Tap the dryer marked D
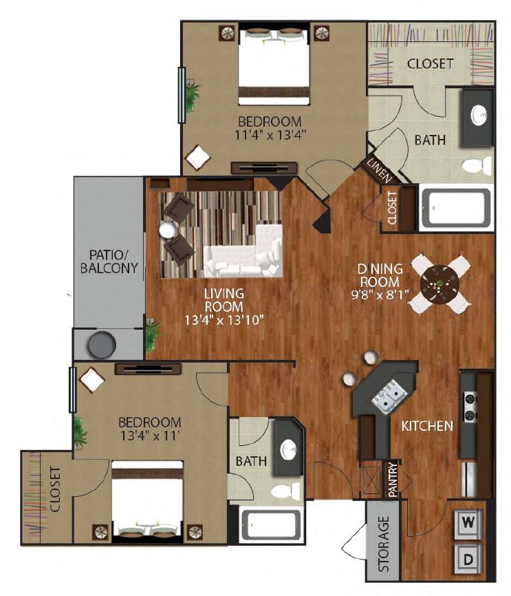468,559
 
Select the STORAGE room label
384,544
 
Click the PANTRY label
393,479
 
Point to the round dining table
439,284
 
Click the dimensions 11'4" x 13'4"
270,135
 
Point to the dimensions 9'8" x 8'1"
380,295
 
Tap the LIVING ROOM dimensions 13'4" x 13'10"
224,320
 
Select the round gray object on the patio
102,345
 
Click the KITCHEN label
427,426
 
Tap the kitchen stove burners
470,406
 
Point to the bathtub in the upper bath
456,208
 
